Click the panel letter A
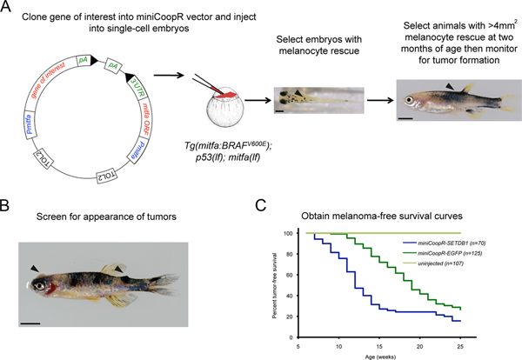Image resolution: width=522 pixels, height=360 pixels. (9, 10)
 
